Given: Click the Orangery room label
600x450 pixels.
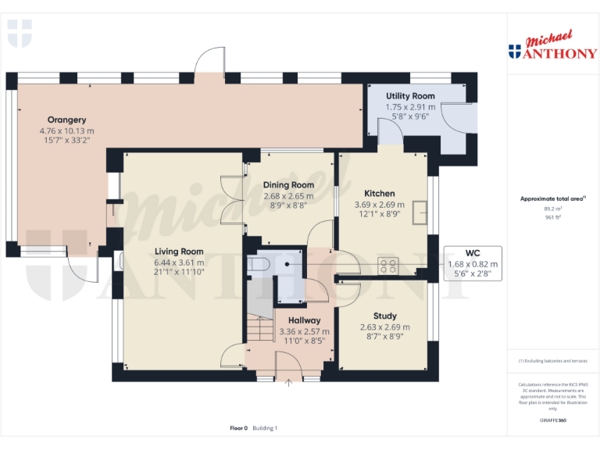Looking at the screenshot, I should tap(66, 120).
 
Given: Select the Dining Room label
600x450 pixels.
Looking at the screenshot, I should tap(288, 185).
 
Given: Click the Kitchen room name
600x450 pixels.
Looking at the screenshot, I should tap(380, 193).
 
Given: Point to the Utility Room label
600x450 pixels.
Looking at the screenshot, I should tap(410, 96).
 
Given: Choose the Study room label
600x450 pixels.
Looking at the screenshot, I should tap(384, 316).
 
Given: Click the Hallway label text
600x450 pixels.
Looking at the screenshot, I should tap(304, 320).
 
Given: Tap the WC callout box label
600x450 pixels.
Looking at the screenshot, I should tap(472, 253).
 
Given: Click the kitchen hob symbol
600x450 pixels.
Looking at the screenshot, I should tap(387, 265).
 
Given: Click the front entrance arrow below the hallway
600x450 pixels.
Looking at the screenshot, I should tap(289, 383).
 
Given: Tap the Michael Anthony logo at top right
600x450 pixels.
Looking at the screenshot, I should tap(552, 46).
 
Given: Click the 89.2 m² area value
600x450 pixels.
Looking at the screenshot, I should tap(552, 209).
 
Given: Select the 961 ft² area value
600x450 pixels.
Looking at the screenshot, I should tap(552, 217).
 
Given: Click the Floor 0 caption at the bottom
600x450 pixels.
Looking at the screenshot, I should tap(238, 428).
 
